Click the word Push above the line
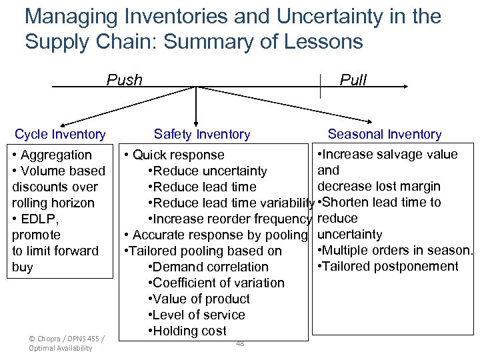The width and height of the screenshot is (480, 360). pyautogui.click(x=125, y=80)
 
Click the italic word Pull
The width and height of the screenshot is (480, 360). pyautogui.click(x=353, y=80)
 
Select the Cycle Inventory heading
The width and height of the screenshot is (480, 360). pyautogui.click(x=60, y=135)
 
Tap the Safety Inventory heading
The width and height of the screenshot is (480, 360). pyautogui.click(x=202, y=135)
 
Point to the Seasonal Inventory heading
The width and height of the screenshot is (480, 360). pyautogui.click(x=385, y=135)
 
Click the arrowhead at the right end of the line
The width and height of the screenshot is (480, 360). pyautogui.click(x=405, y=86)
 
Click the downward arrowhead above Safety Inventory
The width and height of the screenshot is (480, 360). pyautogui.click(x=195, y=119)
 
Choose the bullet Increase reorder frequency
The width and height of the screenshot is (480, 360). pyautogui.click(x=231, y=219)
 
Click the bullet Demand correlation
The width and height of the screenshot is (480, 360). pyautogui.click(x=210, y=267)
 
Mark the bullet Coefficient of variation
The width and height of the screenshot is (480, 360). pyautogui.click(x=218, y=283)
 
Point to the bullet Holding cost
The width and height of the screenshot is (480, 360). pyautogui.click(x=189, y=331)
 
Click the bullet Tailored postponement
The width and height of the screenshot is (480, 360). pyautogui.click(x=389, y=267)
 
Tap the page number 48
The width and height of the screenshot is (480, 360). pyautogui.click(x=240, y=343)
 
